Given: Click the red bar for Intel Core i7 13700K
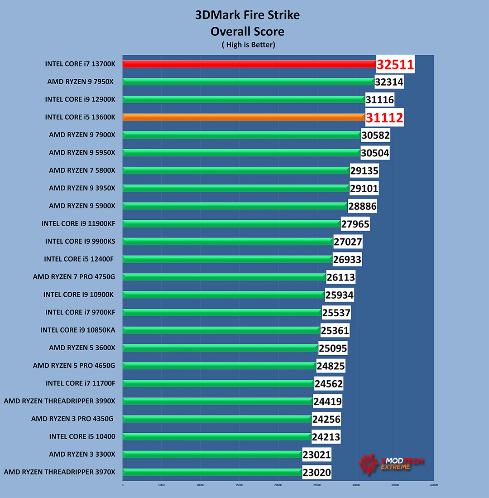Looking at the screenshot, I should pyautogui.click(x=249, y=64).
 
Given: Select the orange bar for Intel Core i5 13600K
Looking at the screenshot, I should pyautogui.click(x=244, y=117).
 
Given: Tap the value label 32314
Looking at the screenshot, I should pyautogui.click(x=389, y=82).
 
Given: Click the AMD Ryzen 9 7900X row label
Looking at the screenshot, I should pyautogui.click(x=82, y=135).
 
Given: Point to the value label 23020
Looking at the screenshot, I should pyautogui.click(x=316, y=473).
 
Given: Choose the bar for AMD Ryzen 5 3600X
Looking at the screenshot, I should pyautogui.click(x=220, y=348).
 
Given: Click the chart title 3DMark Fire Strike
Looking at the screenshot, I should pyautogui.click(x=247, y=15).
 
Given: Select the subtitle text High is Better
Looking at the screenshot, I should pyautogui.click(x=248, y=45).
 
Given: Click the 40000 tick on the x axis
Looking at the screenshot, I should pyautogui.click(x=434, y=485).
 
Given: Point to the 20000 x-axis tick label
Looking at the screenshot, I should pyautogui.click(x=278, y=485).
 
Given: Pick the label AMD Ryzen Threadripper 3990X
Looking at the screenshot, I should pyautogui.click(x=59, y=401).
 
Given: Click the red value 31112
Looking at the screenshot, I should pyautogui.click(x=384, y=118).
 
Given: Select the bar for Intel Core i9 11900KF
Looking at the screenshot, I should pyautogui.click(x=231, y=224).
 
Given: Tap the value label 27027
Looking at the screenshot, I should pyautogui.click(x=348, y=242).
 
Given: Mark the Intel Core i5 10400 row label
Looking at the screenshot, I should pyautogui.click(x=82, y=437).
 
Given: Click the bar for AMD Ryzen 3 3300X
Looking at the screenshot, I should pyautogui.click(x=212, y=454).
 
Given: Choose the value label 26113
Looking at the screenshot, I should pyautogui.click(x=340, y=277).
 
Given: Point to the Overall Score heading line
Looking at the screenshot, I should pyautogui.click(x=247, y=31).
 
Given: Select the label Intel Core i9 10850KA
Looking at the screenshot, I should pyautogui.click(x=77, y=330).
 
